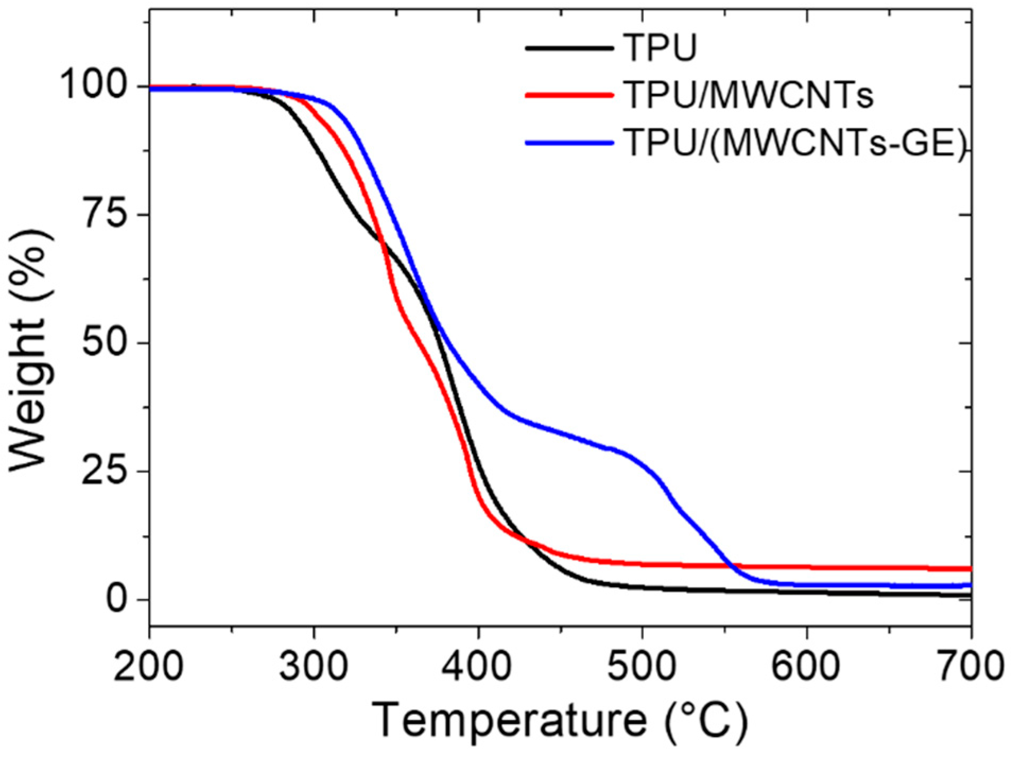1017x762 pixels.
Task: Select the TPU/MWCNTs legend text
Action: coord(748,95)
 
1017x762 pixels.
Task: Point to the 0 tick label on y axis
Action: coord(119,599)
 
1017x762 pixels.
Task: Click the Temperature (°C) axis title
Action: coord(560,720)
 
